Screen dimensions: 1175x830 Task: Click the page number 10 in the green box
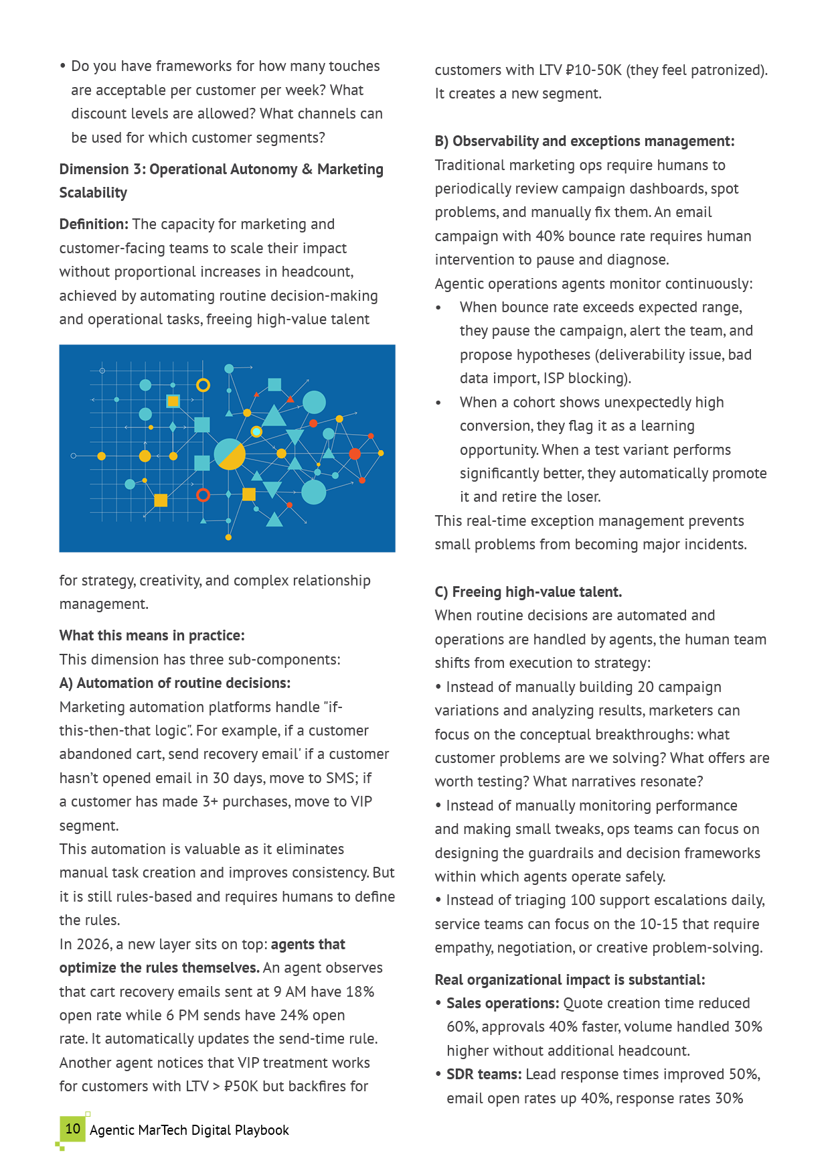[x=72, y=1129]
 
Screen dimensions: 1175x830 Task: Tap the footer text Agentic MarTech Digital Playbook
[x=189, y=1130]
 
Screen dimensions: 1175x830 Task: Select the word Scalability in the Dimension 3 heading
[x=93, y=193]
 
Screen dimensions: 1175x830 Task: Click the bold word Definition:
[x=94, y=224]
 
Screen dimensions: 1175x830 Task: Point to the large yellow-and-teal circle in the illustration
[x=230, y=454]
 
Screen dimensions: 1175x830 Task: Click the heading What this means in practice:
[x=152, y=636]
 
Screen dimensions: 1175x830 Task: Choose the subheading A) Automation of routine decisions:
[x=175, y=683]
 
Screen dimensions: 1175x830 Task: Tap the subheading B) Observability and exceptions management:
[x=584, y=141]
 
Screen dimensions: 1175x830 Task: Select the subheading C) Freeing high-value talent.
[x=528, y=592]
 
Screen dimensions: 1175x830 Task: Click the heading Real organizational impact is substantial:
[x=570, y=980]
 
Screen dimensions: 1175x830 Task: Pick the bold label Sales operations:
[x=503, y=1004]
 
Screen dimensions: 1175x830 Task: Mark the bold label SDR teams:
[x=484, y=1075]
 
